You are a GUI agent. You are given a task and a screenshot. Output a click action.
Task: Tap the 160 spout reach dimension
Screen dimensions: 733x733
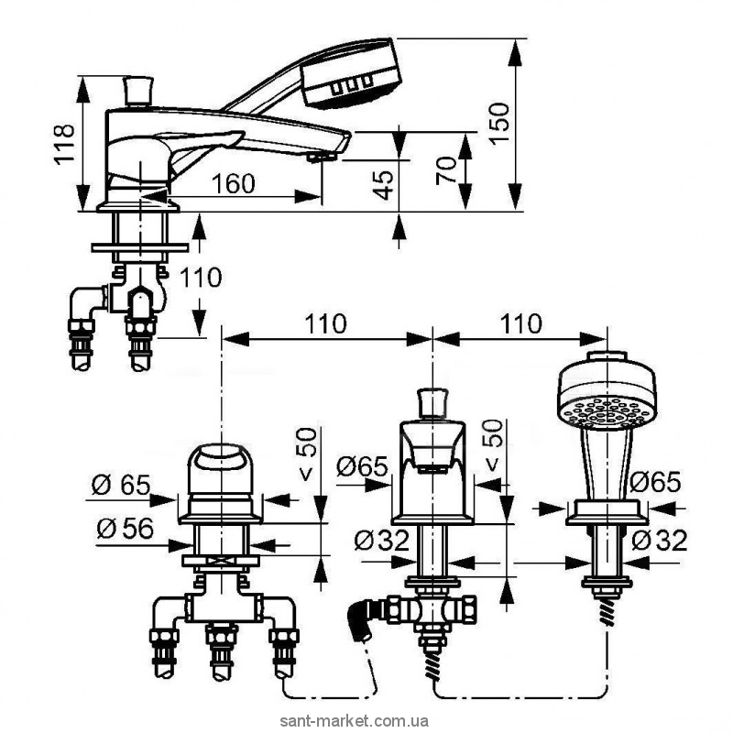234,183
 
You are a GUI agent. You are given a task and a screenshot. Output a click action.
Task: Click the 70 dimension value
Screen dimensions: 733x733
446,171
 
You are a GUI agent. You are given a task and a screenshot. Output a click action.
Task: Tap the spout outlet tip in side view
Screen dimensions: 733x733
320,158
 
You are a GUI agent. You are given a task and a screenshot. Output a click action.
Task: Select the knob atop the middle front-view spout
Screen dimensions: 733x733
431,402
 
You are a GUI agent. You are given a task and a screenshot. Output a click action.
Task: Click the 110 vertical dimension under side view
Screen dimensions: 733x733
200,278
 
